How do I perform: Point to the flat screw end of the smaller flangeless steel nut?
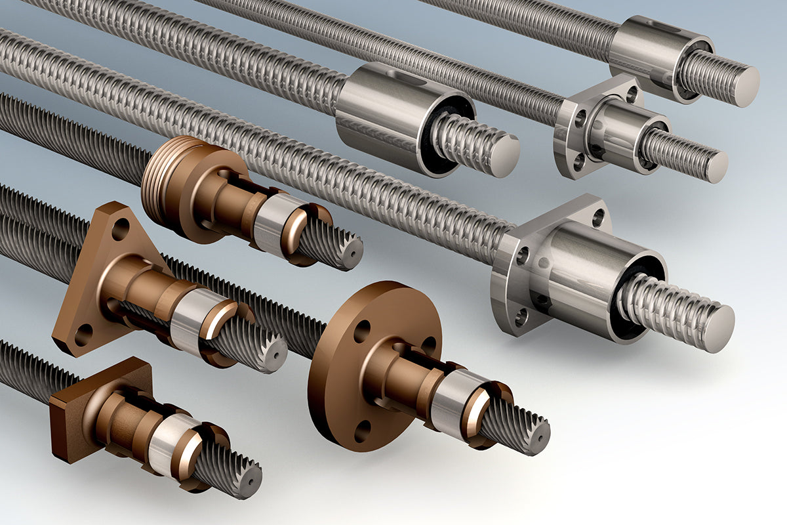pyautogui.click(x=746, y=85)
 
